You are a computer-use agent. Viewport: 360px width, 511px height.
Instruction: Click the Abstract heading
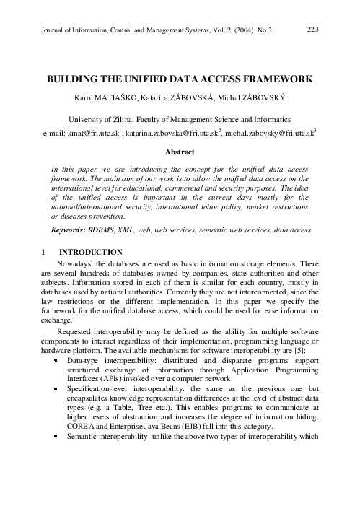click(x=180, y=152)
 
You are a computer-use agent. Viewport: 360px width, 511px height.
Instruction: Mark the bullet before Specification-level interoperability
click(x=56, y=388)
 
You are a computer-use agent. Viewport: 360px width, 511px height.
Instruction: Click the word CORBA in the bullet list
click(x=80, y=446)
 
